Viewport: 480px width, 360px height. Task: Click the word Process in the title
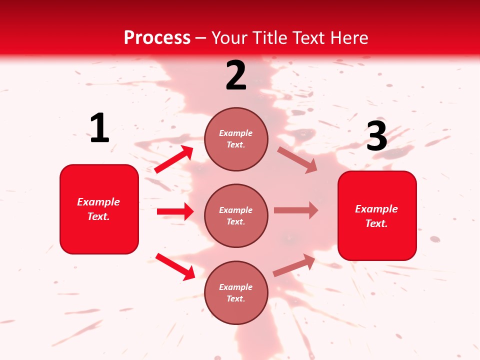click(157, 38)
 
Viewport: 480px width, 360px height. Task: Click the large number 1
click(99, 128)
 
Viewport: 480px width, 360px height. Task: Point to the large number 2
click(236, 75)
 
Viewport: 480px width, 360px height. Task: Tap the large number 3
click(376, 136)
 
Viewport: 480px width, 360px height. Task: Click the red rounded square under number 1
click(99, 209)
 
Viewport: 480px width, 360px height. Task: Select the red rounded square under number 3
click(377, 215)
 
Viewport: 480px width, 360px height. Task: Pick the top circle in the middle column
click(236, 139)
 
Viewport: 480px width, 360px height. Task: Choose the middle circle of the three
click(236, 215)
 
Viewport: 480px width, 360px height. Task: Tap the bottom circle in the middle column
click(236, 292)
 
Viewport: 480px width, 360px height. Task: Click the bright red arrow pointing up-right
click(174, 159)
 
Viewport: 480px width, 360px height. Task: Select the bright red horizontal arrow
click(175, 211)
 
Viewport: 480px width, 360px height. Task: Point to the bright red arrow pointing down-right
click(175, 266)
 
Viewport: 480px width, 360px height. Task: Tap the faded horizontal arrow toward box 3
click(296, 210)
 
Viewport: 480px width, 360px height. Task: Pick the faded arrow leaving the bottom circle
click(294, 265)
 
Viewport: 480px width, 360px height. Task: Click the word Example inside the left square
click(98, 202)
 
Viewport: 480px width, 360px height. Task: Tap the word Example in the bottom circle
click(236, 287)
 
